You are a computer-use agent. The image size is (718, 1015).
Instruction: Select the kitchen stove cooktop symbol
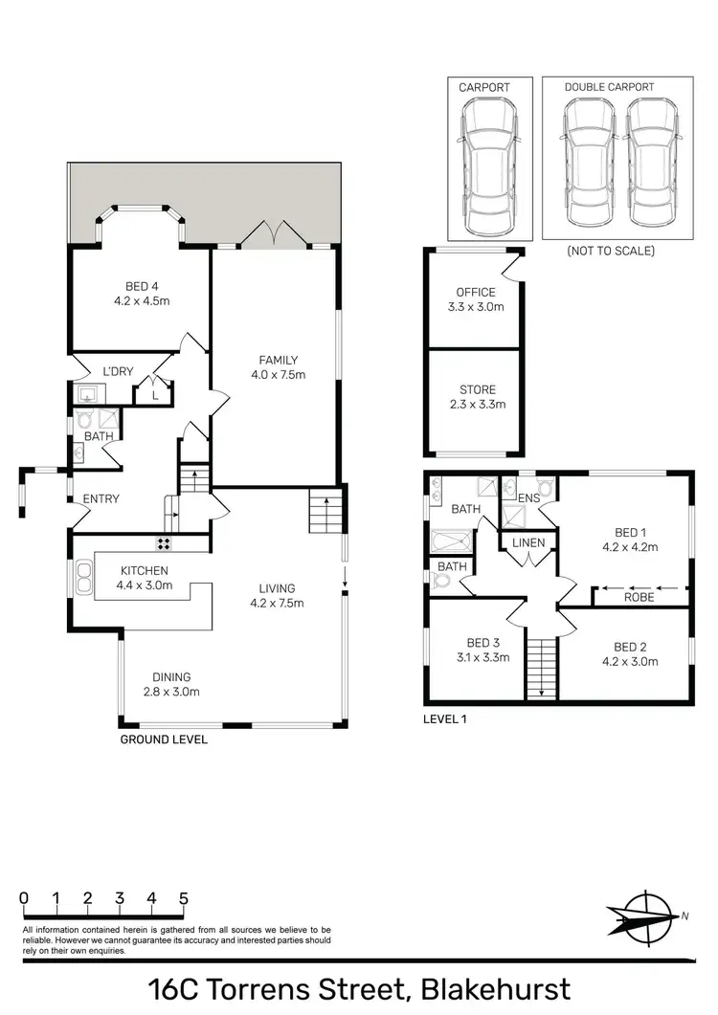[164, 544]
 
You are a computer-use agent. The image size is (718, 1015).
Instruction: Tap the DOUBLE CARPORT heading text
[609, 87]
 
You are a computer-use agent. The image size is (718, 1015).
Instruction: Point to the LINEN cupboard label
[528, 543]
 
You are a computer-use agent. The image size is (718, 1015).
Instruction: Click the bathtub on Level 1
[450, 541]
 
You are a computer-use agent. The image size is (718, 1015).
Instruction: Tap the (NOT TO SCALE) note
[610, 251]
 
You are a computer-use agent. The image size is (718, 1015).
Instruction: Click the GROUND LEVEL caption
[163, 739]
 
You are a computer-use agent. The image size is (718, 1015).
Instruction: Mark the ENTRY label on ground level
[101, 498]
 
